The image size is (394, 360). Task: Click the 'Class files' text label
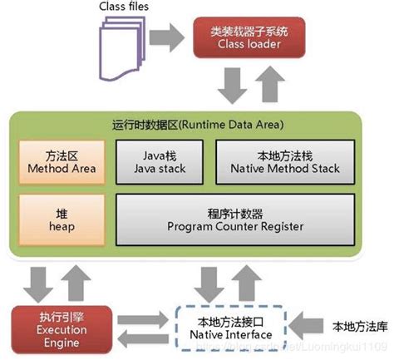[127, 7]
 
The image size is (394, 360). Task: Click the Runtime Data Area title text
[196, 126]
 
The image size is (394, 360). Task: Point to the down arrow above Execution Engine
[35, 280]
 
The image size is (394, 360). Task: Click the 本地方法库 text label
[360, 324]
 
